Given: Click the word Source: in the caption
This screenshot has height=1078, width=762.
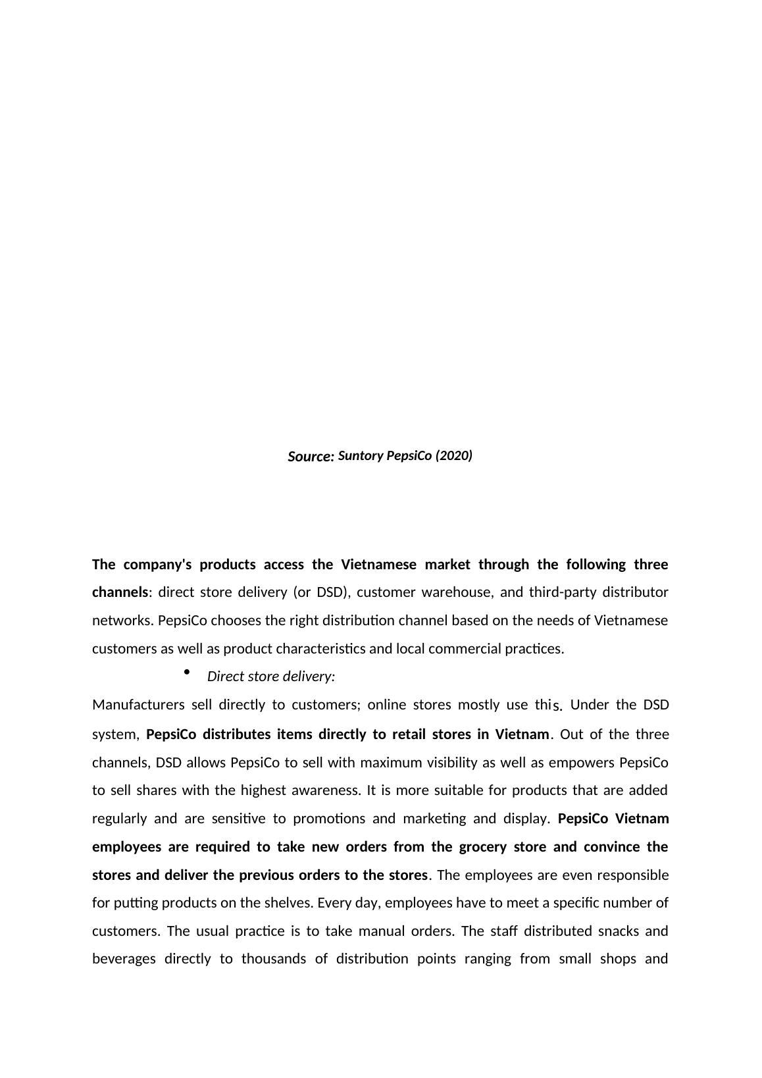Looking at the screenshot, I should click(x=311, y=457).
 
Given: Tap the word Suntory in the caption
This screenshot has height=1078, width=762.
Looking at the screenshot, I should click(x=360, y=455).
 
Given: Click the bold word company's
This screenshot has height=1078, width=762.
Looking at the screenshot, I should click(x=158, y=565).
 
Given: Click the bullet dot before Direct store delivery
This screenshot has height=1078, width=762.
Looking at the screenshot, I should click(x=187, y=672).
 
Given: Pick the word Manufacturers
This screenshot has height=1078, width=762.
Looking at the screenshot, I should click(x=138, y=705).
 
